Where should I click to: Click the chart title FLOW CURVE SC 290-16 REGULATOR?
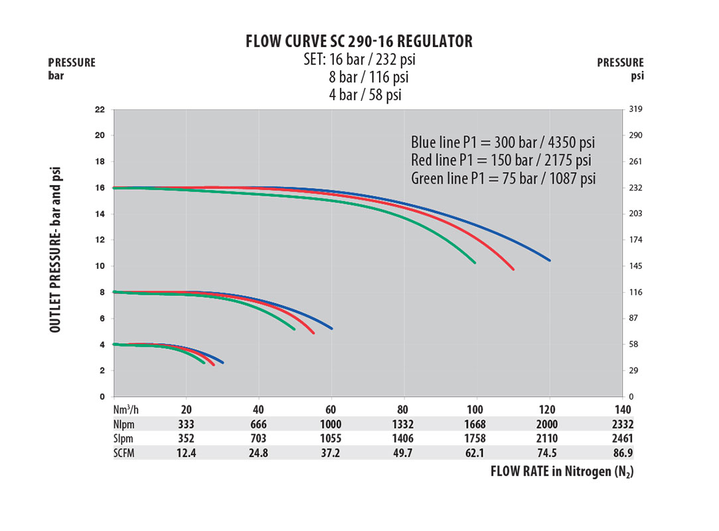359,42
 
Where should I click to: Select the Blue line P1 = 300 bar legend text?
503,143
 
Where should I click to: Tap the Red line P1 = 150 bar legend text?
501,161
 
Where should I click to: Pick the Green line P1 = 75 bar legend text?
503,179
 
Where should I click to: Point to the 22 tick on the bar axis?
100,110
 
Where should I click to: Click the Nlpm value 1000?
331,424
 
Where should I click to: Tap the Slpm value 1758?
475,438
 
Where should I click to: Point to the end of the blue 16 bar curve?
549,260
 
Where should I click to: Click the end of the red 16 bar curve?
513,269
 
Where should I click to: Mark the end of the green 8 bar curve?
293,329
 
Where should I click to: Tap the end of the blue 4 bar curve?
222,362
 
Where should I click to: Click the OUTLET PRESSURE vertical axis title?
56,250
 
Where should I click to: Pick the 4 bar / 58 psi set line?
366,95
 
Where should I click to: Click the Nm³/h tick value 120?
548,410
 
